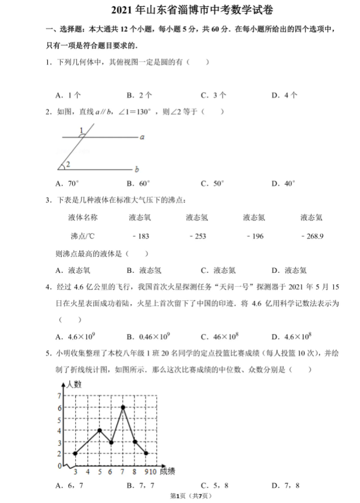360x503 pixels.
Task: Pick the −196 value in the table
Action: pyautogui.click(x=255, y=236)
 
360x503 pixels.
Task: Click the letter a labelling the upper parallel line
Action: pyautogui.click(x=142, y=137)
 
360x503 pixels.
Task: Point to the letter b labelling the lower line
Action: pyautogui.click(x=136, y=170)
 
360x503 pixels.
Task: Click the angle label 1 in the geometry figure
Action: pyautogui.click(x=82, y=129)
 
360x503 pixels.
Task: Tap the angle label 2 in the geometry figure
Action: pyautogui.click(x=68, y=164)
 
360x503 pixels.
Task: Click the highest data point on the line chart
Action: pyautogui.click(x=123, y=407)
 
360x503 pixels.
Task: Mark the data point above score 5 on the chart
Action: pyautogui.click(x=100, y=430)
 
